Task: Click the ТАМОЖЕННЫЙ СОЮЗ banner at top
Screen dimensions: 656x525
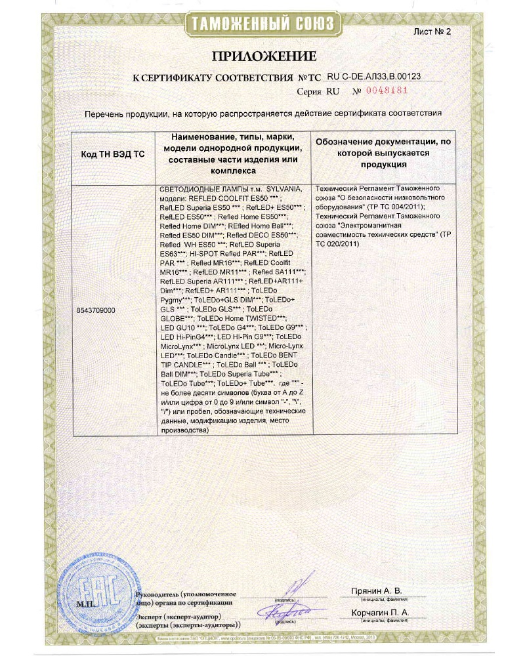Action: (262, 25)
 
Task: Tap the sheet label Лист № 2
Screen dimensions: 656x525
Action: (433, 31)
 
